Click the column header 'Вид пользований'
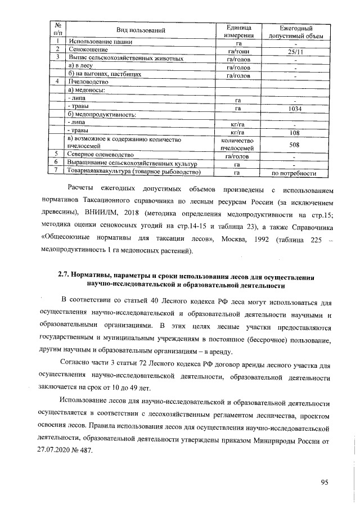click(141, 29)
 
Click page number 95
click(325, 482)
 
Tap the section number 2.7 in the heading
click(65, 276)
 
